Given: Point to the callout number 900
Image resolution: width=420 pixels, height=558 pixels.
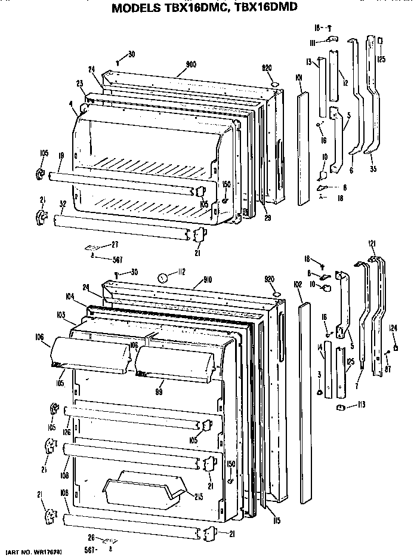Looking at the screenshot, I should coord(191,64).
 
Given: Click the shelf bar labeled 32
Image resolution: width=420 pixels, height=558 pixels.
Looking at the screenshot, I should coord(119,227).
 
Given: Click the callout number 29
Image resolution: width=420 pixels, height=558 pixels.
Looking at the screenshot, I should coord(267,218).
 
